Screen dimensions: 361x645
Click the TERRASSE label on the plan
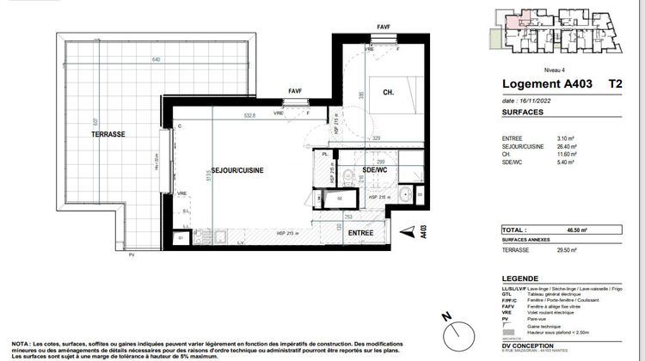pos(110,135)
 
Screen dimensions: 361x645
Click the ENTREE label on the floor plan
pos(360,232)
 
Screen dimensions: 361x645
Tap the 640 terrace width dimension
pos(156,59)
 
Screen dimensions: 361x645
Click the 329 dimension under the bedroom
pos(375,138)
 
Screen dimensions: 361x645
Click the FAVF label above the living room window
pos(295,90)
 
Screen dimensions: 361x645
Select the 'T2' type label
pos(616,84)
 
